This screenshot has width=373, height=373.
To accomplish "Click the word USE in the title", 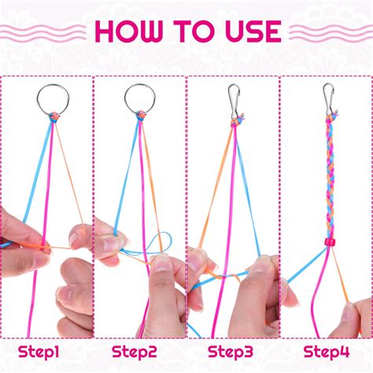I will (x=250, y=31).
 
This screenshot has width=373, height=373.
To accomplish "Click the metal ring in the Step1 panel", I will (x=47, y=98).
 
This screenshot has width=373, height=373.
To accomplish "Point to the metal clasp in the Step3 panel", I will (x=234, y=98).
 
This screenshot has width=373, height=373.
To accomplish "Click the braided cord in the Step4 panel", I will (x=327, y=165).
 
